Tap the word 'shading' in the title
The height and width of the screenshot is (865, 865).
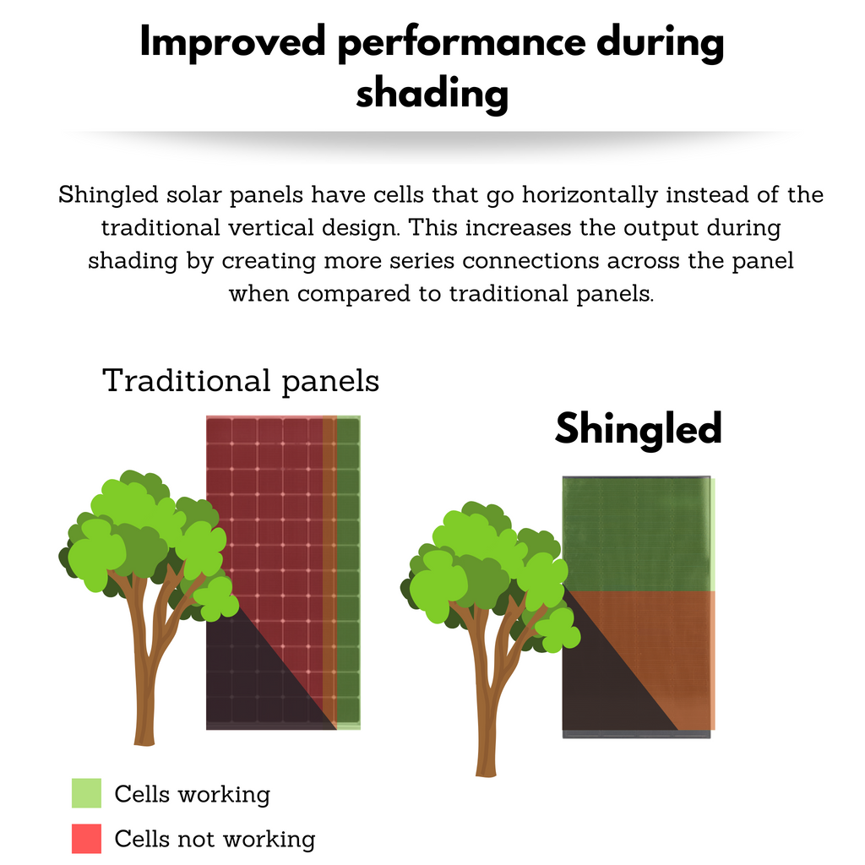432,93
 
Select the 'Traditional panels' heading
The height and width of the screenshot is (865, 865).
241,381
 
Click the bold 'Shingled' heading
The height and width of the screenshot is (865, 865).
639,428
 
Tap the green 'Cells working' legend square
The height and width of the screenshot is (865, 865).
87,792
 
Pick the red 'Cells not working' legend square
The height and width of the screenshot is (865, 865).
87,839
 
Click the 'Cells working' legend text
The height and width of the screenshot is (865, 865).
193,794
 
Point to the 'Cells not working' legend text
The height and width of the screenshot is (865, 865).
215,839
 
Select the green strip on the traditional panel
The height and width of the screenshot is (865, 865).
348,572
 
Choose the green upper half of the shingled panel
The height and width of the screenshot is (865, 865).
639,534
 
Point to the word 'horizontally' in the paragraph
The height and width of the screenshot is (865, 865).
590,195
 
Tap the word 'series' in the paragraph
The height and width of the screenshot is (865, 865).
422,261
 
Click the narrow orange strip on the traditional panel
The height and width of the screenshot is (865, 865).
329,571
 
